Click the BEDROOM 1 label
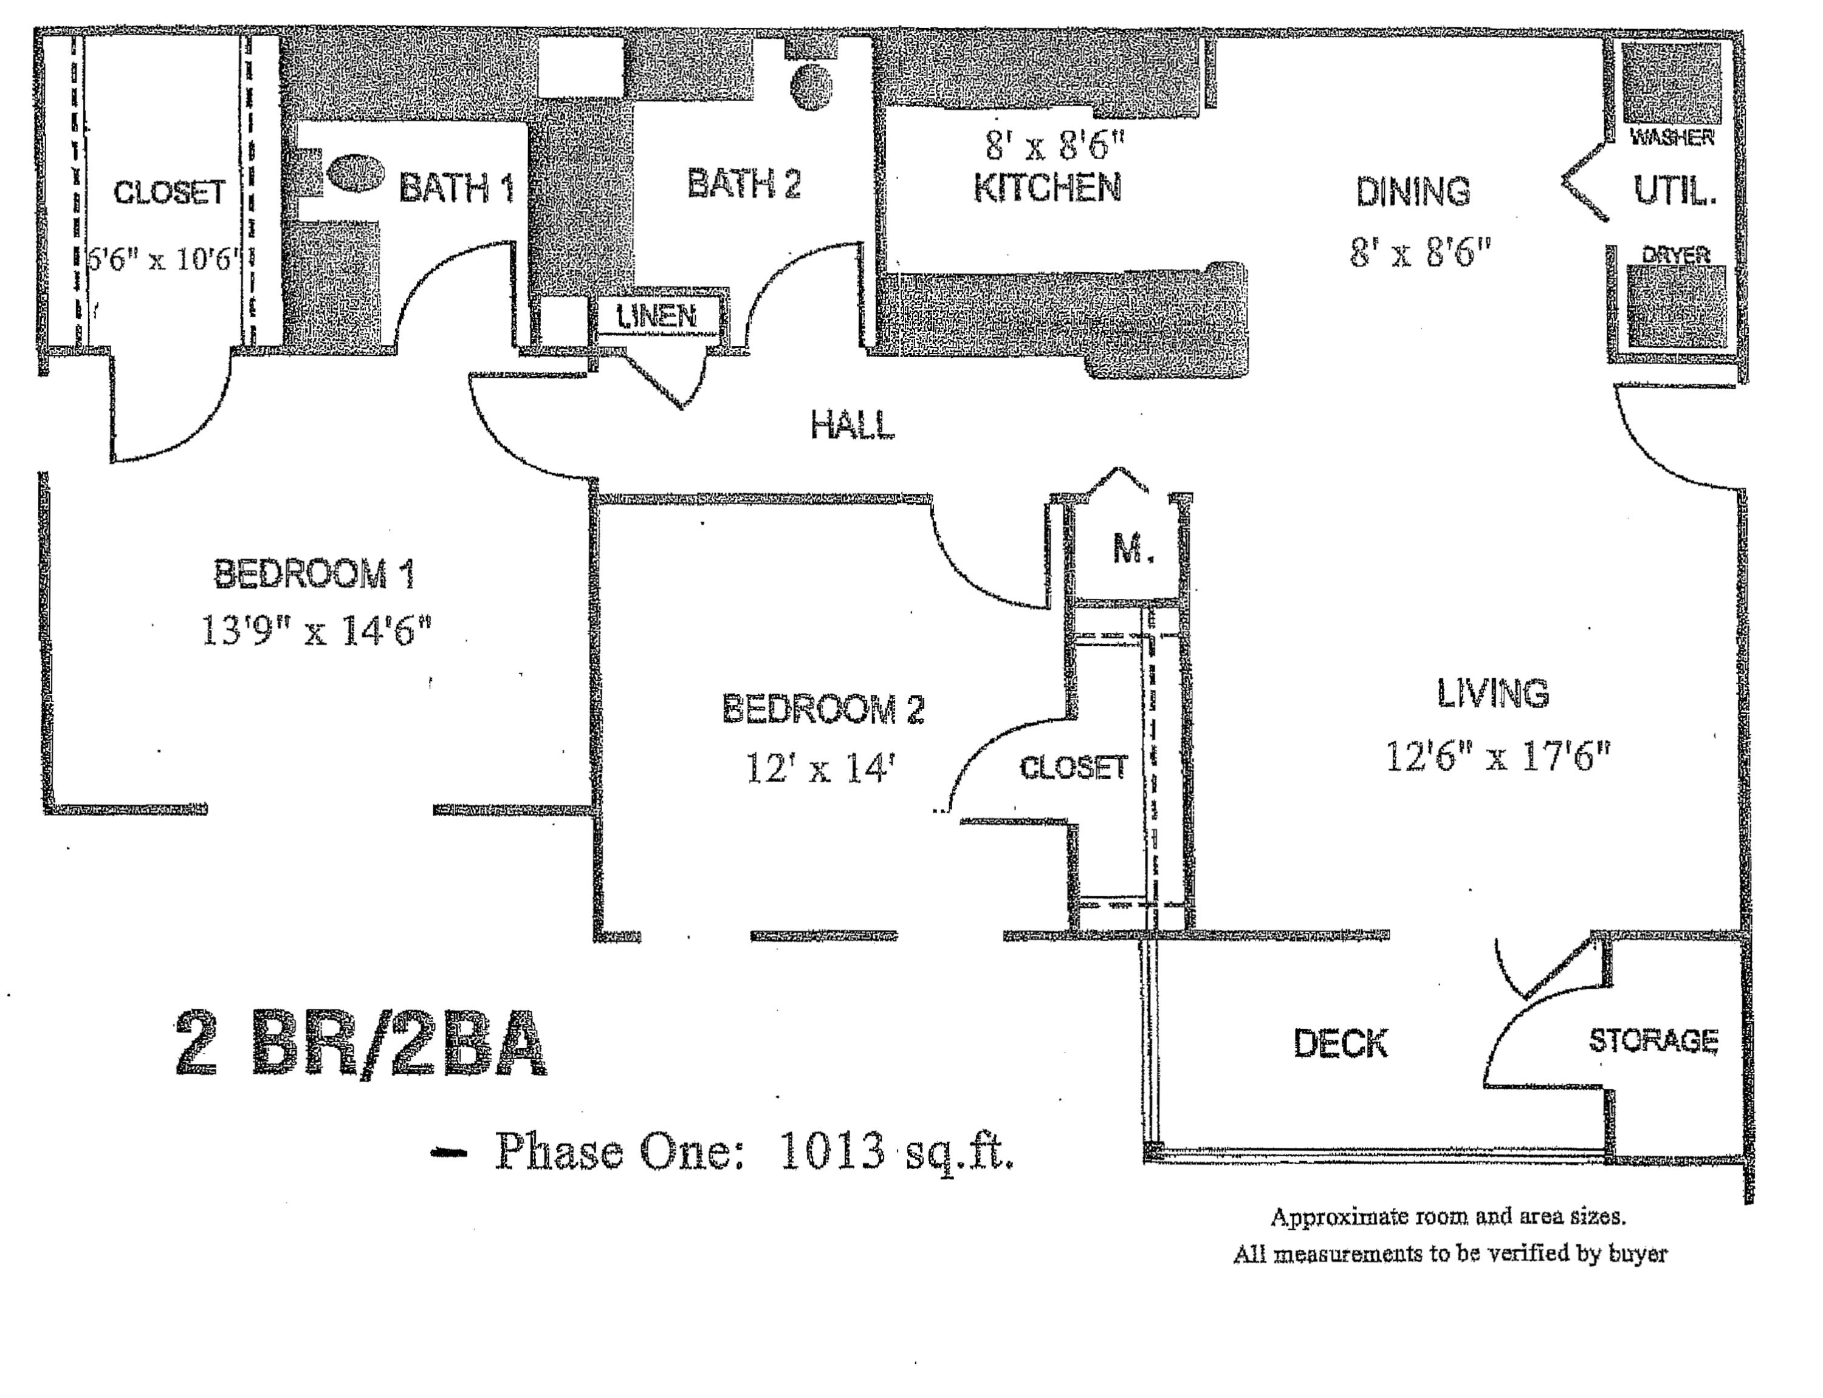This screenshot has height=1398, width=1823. click(314, 574)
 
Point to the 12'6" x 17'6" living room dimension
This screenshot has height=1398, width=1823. click(1497, 757)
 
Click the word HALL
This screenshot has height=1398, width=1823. click(853, 425)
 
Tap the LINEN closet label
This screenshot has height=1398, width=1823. click(657, 316)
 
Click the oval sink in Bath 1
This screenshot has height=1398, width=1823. click(355, 172)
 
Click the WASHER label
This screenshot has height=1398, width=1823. click(1672, 138)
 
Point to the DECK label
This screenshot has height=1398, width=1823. click(1340, 1043)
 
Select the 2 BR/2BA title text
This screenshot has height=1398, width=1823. click(360, 1045)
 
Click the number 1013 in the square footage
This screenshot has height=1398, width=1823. click(831, 1153)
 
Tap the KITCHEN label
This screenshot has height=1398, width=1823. click(1047, 187)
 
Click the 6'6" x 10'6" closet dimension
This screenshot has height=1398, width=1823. click(163, 260)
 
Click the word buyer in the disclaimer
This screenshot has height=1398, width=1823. click(1638, 1254)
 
